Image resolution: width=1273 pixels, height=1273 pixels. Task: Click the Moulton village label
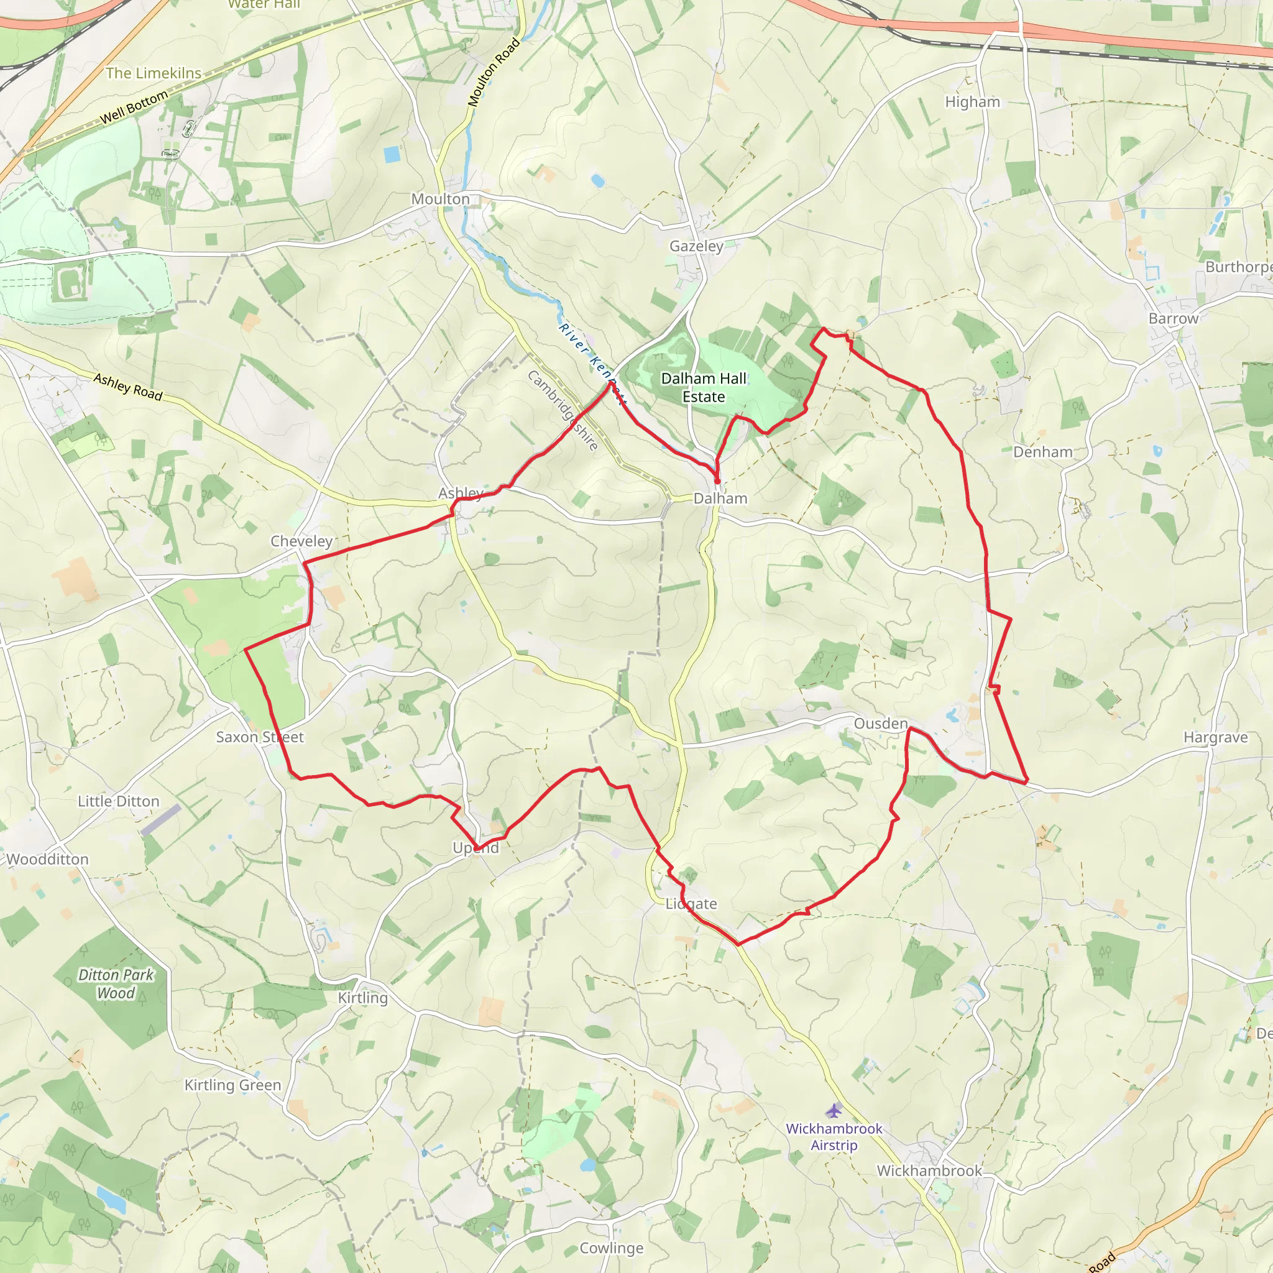pos(440,199)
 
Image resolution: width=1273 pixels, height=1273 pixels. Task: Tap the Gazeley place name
pos(696,246)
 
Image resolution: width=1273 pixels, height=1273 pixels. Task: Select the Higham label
pos(972,102)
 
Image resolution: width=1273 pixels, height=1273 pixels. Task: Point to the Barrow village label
pos(1173,318)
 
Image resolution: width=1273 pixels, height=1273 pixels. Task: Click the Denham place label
pos(1042,452)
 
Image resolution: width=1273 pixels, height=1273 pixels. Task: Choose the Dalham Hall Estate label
pos(703,387)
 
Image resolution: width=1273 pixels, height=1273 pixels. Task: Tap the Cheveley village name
pos(301,541)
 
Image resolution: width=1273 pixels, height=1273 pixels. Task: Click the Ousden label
pos(880,724)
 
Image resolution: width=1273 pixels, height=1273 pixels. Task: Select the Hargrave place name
pos(1215,737)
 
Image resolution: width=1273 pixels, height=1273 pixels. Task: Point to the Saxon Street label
pos(260,737)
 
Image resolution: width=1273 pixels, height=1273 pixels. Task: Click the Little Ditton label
pos(119,801)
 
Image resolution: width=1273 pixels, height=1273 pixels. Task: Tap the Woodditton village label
pos(47,859)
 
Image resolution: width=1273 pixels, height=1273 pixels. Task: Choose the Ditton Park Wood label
pos(116,984)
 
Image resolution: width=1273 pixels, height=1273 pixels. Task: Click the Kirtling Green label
pos(232,1085)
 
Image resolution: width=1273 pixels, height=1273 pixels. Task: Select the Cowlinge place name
pos(611,1248)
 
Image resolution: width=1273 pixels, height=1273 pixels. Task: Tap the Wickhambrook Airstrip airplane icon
pos(834,1111)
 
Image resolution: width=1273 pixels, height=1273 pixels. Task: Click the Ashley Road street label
pos(128,387)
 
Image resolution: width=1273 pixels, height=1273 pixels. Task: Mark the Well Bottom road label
pos(134,108)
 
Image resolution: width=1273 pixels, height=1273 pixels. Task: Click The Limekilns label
pos(154,73)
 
